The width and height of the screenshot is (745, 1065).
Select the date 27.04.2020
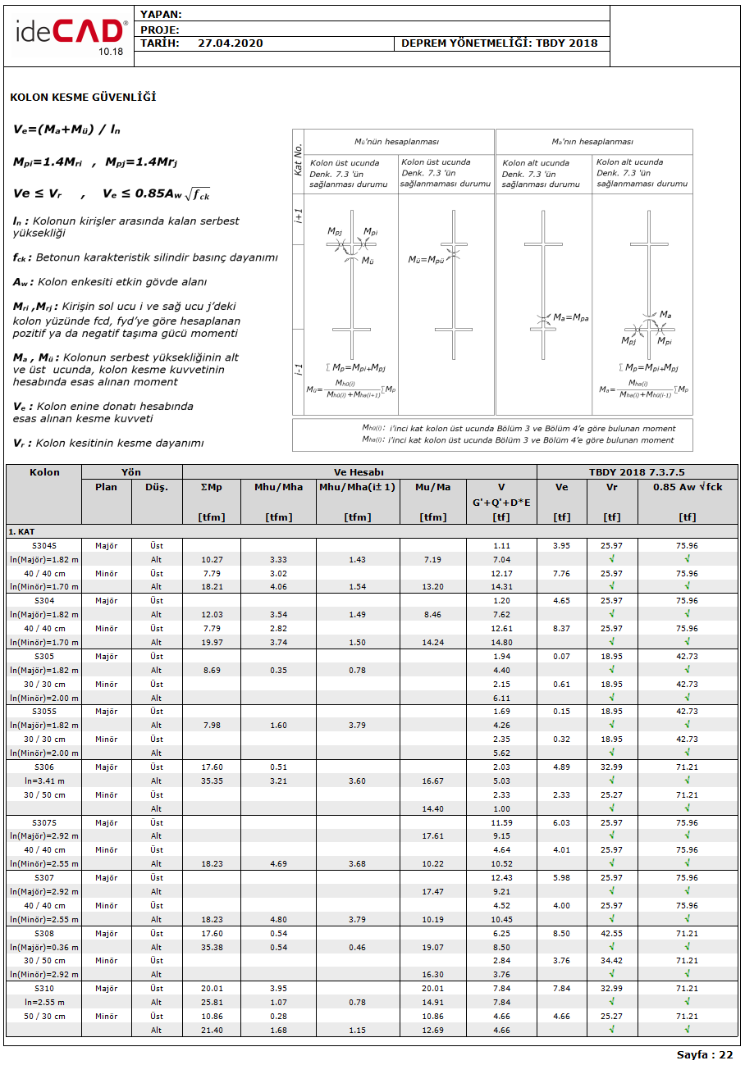click(231, 43)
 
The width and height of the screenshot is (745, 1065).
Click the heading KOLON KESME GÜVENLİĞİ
click(83, 98)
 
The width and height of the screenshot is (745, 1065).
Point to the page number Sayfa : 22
click(705, 1054)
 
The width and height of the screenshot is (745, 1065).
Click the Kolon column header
click(44, 472)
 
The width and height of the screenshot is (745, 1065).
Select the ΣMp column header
click(212, 487)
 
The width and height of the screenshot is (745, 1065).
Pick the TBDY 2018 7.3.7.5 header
click(637, 472)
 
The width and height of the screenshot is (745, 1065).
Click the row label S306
click(44, 767)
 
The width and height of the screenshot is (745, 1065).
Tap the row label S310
click(44, 989)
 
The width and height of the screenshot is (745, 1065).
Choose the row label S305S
click(44, 712)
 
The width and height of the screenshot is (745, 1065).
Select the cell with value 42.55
click(611, 933)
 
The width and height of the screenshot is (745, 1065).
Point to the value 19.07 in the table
click(432, 947)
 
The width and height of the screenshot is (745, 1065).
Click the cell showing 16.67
click(432, 781)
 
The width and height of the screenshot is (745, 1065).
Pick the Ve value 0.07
click(561, 656)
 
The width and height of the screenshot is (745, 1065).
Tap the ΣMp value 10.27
click(213, 559)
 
